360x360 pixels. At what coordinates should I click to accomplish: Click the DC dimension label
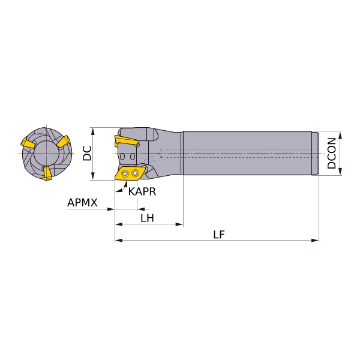click(87, 153)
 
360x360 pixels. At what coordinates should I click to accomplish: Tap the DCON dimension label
click(332, 154)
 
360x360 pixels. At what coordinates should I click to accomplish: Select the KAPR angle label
click(142, 191)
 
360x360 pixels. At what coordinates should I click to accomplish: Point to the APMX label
click(82, 203)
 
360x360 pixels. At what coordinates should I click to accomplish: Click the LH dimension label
click(147, 218)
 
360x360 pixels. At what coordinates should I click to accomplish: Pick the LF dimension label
click(218, 235)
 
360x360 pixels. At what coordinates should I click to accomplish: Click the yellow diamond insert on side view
click(130, 173)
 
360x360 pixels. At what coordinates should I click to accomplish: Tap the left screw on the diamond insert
click(125, 173)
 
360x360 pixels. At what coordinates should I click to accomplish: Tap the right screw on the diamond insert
click(136, 173)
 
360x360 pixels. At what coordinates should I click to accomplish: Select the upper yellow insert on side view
click(127, 141)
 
